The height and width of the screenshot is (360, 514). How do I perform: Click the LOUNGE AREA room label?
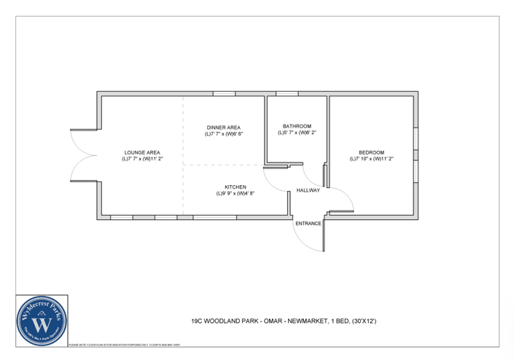pyautogui.click(x=141, y=152)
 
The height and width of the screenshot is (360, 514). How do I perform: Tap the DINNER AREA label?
pyautogui.click(x=224, y=128)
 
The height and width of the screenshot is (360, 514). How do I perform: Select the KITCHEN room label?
pyautogui.click(x=235, y=187)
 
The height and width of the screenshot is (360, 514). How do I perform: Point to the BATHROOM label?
pyautogui.click(x=297, y=126)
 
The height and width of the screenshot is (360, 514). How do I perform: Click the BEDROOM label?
pyautogui.click(x=371, y=152)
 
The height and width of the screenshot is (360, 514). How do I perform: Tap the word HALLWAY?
pyautogui.click(x=308, y=191)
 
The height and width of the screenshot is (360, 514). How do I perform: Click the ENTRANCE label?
pyautogui.click(x=308, y=224)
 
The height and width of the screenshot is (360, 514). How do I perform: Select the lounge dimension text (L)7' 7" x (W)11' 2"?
pyautogui.click(x=141, y=159)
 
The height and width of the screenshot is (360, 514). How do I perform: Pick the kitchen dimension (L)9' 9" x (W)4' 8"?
pyautogui.click(x=235, y=194)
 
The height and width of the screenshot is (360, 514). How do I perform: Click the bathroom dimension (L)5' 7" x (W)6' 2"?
pyautogui.click(x=297, y=133)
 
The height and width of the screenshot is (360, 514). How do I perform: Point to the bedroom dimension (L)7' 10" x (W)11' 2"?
pyautogui.click(x=371, y=159)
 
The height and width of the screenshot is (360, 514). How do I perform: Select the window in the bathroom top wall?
pyautogui.click(x=287, y=93)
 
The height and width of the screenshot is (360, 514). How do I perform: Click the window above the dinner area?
pyautogui.click(x=224, y=93)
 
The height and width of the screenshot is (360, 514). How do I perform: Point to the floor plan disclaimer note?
pyautogui.click(x=146, y=345)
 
